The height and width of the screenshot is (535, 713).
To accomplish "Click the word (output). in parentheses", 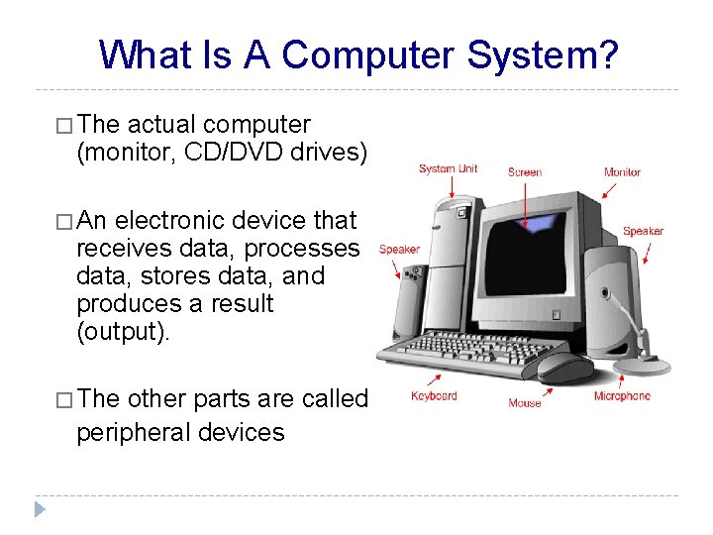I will tap(124, 331).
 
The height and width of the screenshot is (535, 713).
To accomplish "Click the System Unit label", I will tap(448, 168).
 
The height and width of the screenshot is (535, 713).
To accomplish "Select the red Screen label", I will tap(524, 172).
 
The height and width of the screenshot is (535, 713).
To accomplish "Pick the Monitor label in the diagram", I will tap(622, 172).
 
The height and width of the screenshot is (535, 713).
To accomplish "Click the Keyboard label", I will tap(434, 396).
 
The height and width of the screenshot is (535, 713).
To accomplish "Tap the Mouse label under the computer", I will tap(524, 402).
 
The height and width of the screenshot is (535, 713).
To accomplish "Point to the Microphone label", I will tap(622, 396).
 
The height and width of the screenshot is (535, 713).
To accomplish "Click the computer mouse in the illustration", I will tap(564, 368).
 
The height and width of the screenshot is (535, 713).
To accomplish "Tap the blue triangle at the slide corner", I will tap(40, 509).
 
